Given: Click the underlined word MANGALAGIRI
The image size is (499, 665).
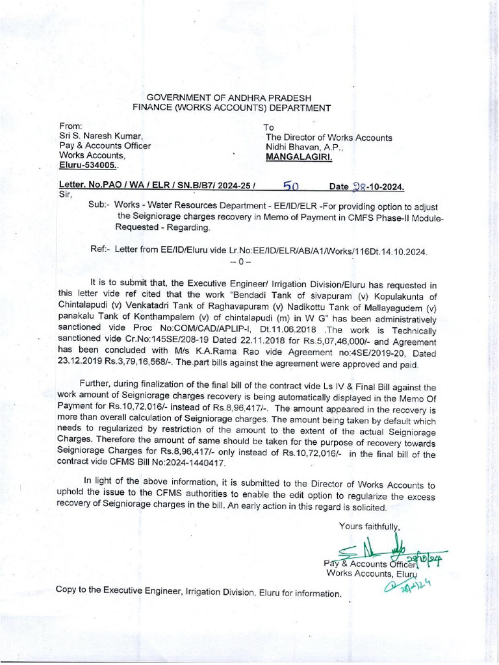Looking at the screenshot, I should [296, 157].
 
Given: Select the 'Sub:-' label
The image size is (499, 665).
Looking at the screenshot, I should [100, 205].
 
